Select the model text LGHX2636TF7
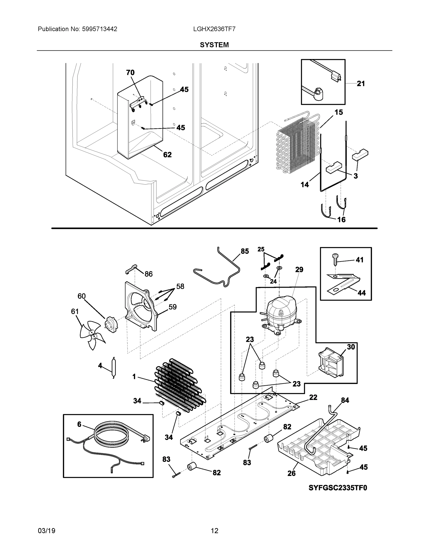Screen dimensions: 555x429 pos(214,29)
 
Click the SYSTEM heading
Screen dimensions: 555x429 pos(214,45)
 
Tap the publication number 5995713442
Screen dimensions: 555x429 pos(99,29)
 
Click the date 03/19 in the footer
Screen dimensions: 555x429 pos(46,531)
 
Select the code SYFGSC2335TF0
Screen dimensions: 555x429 pos(338,488)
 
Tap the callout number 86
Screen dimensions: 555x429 pos(148,274)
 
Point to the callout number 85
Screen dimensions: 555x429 pos(245,251)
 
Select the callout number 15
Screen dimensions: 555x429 pos(339,112)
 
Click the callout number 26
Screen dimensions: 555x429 pos(291,473)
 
